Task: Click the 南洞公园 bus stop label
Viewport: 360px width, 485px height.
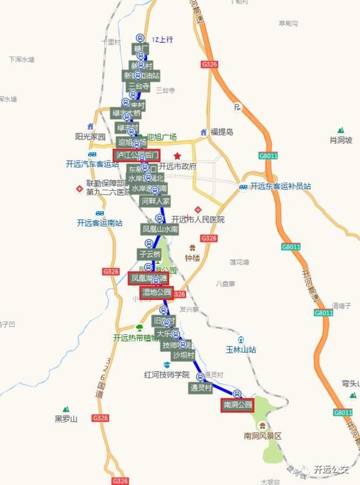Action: click(237, 405)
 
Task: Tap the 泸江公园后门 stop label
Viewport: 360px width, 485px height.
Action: click(137, 155)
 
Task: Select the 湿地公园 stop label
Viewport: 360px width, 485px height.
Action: click(156, 292)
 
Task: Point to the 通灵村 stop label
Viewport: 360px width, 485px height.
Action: click(201, 388)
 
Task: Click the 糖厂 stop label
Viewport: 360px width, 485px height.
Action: click(140, 49)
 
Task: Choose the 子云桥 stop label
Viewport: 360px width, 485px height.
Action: click(149, 254)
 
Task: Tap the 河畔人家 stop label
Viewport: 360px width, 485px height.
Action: click(155, 201)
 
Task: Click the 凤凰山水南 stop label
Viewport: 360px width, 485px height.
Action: click(160, 229)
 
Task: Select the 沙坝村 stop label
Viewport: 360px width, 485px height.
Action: click(183, 355)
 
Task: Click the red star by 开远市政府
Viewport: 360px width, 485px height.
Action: click(177, 155)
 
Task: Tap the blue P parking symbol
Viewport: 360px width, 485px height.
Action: click(237, 107)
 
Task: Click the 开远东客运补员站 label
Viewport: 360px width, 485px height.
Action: click(280, 186)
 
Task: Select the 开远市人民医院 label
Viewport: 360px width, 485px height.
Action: click(198, 220)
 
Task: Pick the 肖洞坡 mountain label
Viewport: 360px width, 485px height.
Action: click(341, 140)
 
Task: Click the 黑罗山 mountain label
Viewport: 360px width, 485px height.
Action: click(66, 419)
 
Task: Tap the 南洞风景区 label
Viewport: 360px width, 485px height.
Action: click(262, 436)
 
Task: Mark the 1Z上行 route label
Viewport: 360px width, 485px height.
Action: click(162, 40)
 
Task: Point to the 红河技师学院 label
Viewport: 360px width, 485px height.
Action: click(166, 374)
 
